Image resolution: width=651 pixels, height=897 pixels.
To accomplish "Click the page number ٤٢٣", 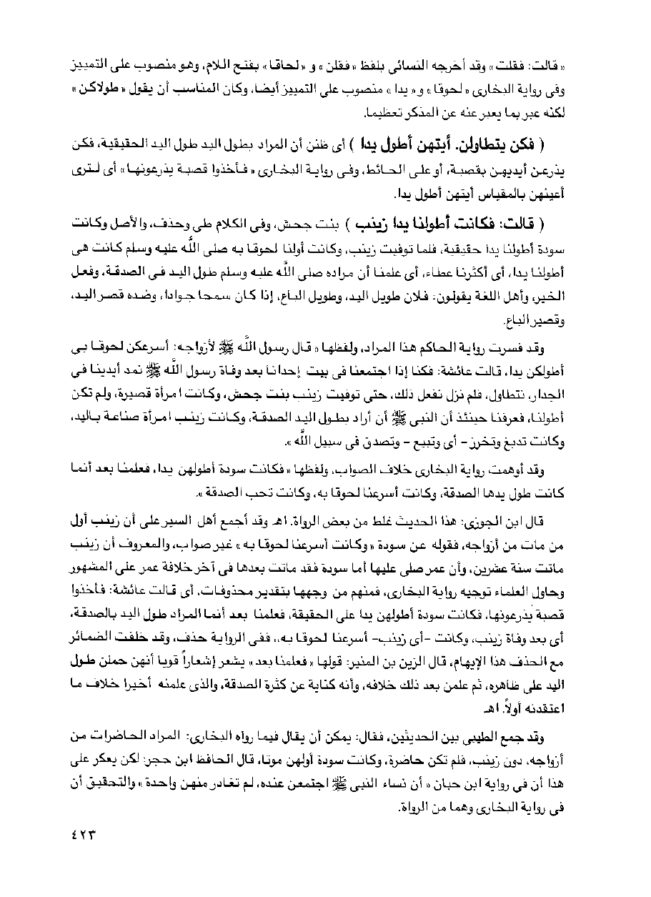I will pos(84,833).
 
